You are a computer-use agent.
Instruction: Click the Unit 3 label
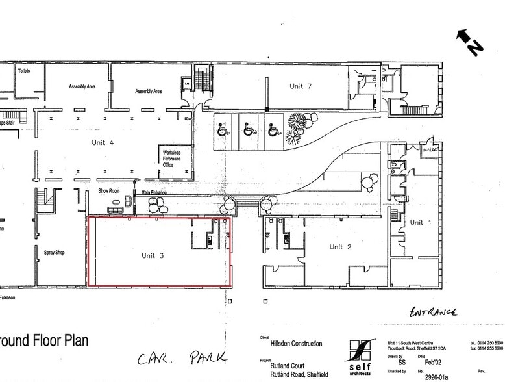point(153,255)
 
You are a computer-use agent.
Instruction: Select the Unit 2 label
point(340,247)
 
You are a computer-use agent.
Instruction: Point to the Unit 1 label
point(416,222)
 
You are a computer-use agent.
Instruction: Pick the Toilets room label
point(24,70)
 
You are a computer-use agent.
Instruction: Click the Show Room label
point(109,191)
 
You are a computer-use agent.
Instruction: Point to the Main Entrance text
point(154,193)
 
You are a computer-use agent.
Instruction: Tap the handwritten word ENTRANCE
point(433,312)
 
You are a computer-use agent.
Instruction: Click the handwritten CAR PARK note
point(181,357)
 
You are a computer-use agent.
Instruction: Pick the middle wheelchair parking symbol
point(247,129)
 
